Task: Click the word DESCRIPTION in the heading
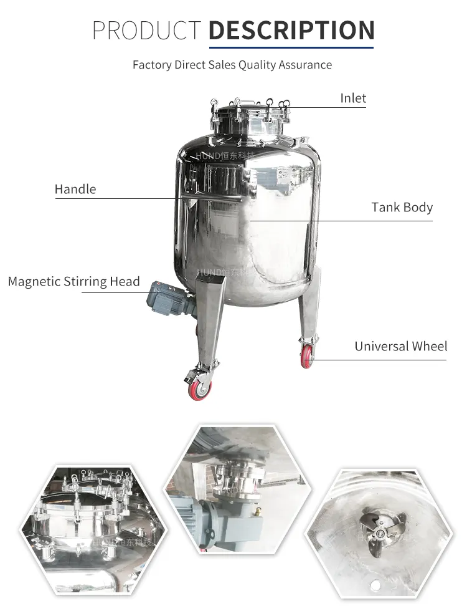point(291,30)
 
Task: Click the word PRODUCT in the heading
point(147,30)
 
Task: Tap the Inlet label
point(353,98)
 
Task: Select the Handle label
point(75,189)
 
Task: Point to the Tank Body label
point(402,207)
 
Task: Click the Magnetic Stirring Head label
point(73,281)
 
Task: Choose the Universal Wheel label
point(400,346)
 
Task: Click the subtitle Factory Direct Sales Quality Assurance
point(232,65)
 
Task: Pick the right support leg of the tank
point(309,306)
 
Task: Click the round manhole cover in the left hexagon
point(82,505)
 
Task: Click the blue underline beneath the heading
point(291,47)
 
